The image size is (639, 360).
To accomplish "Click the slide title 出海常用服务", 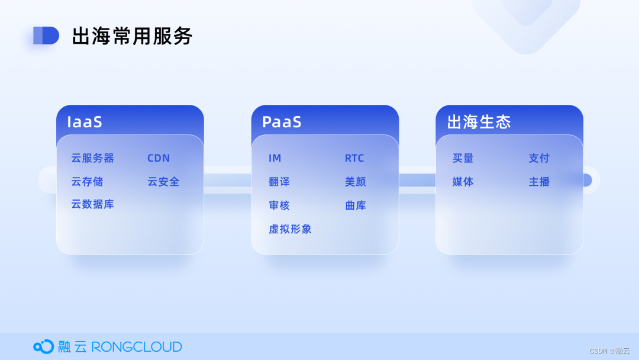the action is pos(132,36).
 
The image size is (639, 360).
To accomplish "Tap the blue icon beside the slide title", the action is pos(46,36).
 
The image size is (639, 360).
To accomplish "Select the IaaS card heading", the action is pos(85,122).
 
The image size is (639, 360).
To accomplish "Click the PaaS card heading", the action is pos(282,122).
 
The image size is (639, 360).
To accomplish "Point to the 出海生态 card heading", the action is pos(479,122).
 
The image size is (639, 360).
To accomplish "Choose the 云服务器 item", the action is pos(92,158).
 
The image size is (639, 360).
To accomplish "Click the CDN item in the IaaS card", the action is pos(159,158).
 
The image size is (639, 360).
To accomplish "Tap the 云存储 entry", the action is pos(87,181).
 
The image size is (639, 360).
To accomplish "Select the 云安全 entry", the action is pos(163,181).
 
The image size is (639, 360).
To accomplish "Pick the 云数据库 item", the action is pos(92,204).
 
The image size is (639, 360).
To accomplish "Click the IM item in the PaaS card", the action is pos(275,158).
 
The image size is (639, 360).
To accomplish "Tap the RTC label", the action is pos(354,158).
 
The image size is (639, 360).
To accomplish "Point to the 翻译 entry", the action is pos(279,181).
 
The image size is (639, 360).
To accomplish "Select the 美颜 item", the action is pos(356,181).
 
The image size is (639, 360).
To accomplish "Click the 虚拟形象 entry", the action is pos(290,229).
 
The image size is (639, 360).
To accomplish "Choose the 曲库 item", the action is pos(356,205).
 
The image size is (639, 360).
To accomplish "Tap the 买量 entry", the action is pos(463,158).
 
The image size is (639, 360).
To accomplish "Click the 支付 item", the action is pos(539,158).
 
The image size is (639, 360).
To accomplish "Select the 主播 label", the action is pos(539,181).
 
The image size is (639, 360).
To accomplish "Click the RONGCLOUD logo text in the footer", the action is pos(137,347).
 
